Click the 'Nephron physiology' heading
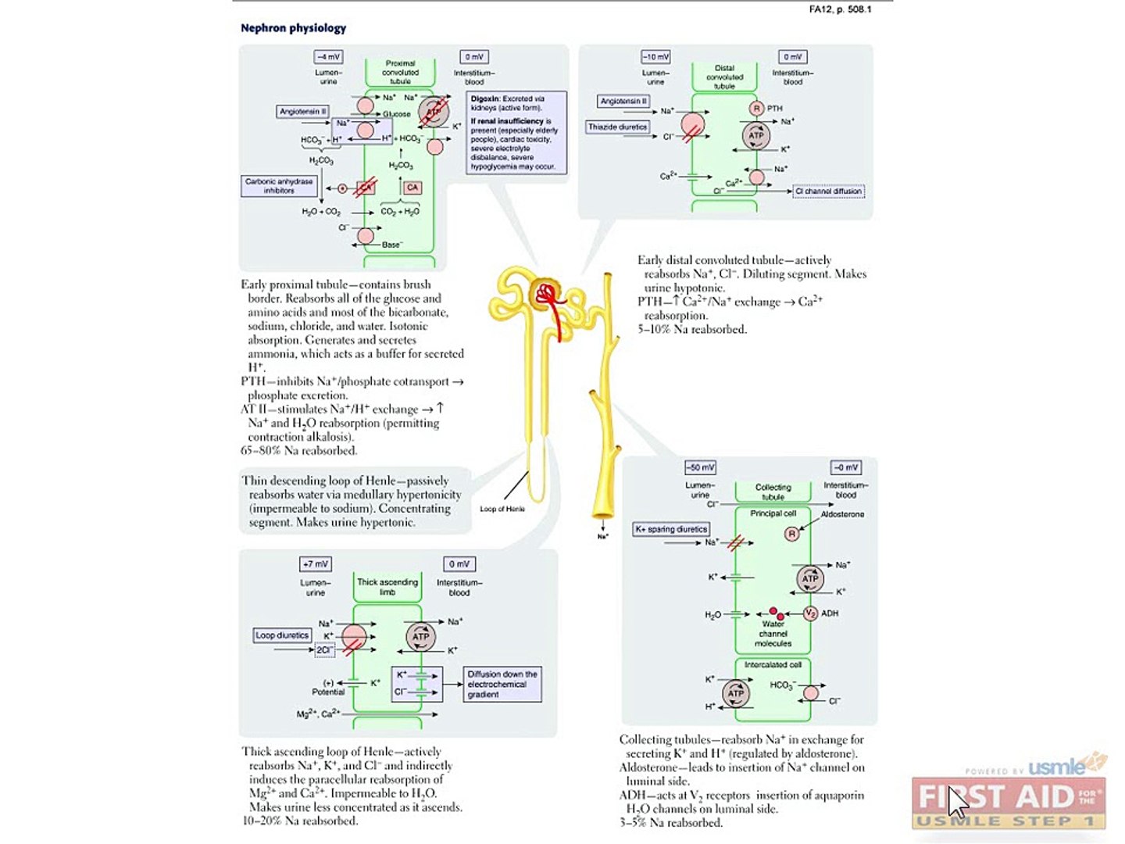click(x=293, y=28)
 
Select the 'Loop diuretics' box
click(x=282, y=635)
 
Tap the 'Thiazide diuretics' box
click(x=618, y=127)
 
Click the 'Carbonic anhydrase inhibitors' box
click(x=279, y=186)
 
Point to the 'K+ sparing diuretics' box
click(x=671, y=529)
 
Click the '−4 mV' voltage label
click(x=328, y=57)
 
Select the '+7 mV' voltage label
click(x=316, y=563)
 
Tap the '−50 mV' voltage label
click(x=700, y=467)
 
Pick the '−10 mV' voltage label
click(x=655, y=57)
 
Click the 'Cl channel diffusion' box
click(x=828, y=191)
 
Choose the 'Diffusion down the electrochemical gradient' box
click(x=502, y=684)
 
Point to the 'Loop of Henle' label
click(x=502, y=509)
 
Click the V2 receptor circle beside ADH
click(x=810, y=613)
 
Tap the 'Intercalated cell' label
click(x=773, y=665)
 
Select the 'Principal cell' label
click(x=773, y=513)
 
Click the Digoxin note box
click(x=515, y=133)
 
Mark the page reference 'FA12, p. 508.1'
click(x=840, y=9)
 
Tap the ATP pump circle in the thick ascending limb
click(x=420, y=636)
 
